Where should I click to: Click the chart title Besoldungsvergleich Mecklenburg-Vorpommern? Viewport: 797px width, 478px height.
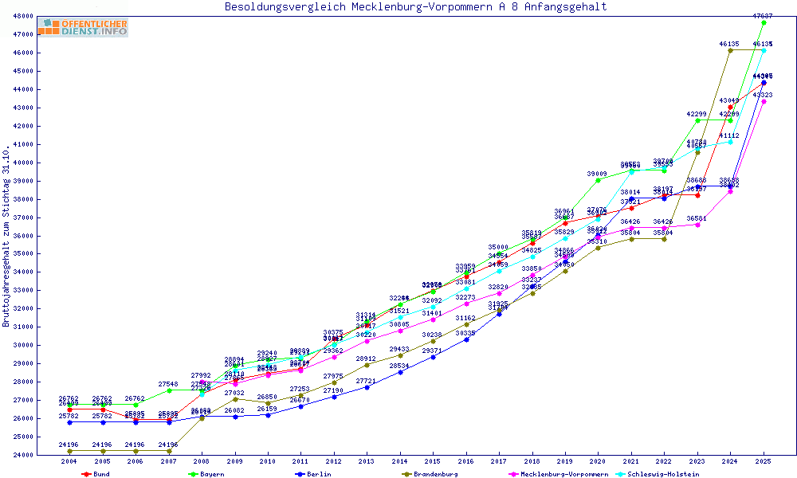coord(415,7)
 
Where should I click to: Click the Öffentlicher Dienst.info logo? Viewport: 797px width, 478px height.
coord(84,27)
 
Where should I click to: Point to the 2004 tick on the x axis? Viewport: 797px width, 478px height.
coord(69,461)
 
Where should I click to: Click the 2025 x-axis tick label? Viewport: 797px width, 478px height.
coord(764,461)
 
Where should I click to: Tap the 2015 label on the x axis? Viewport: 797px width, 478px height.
coord(433,461)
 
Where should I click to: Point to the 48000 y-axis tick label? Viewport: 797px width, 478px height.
coord(22,16)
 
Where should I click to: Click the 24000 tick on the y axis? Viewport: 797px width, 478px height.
coord(22,455)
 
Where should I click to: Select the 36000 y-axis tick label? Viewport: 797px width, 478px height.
coord(22,236)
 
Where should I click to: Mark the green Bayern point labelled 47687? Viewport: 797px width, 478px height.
coord(764,22)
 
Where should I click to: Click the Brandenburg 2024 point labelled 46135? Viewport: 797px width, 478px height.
coord(730,50)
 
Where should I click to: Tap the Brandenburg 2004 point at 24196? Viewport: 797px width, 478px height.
coord(69,451)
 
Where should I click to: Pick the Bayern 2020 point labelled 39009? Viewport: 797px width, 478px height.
coord(598,180)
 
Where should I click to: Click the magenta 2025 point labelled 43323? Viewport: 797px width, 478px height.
coord(764,101)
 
